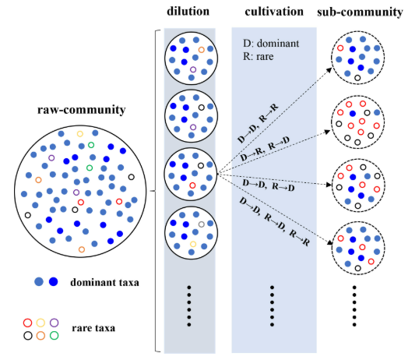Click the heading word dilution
click(188, 11)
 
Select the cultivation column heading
click(274, 12)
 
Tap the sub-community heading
click(360, 12)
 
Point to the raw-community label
click(82, 110)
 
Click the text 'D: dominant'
click(271, 43)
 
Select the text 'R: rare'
click(259, 56)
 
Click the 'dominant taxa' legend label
click(104, 282)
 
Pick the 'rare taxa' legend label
click(93, 328)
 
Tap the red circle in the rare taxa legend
click(27, 323)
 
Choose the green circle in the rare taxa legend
click(54, 335)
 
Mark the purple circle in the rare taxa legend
click(54, 323)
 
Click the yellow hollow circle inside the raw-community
click(80, 134)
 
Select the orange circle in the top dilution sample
click(201, 50)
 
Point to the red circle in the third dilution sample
click(192, 185)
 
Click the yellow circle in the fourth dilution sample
click(193, 244)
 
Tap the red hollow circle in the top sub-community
click(340, 48)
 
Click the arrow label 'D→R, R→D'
click(265, 149)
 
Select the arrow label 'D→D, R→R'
click(258, 123)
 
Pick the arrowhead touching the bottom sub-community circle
click(330, 242)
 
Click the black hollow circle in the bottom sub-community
click(358, 268)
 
